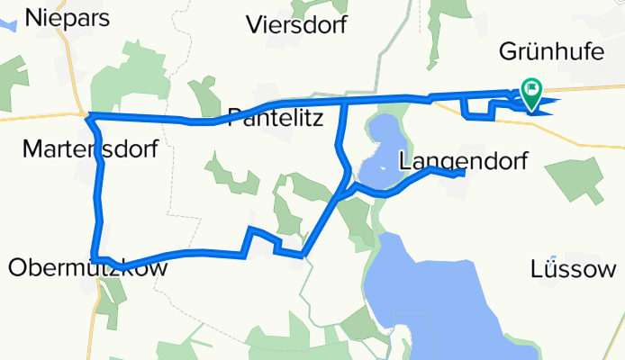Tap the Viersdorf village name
(296, 24)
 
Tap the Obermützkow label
(87, 267)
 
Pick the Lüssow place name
(574, 268)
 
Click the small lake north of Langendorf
(378, 144)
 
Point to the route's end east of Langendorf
(463, 174)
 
